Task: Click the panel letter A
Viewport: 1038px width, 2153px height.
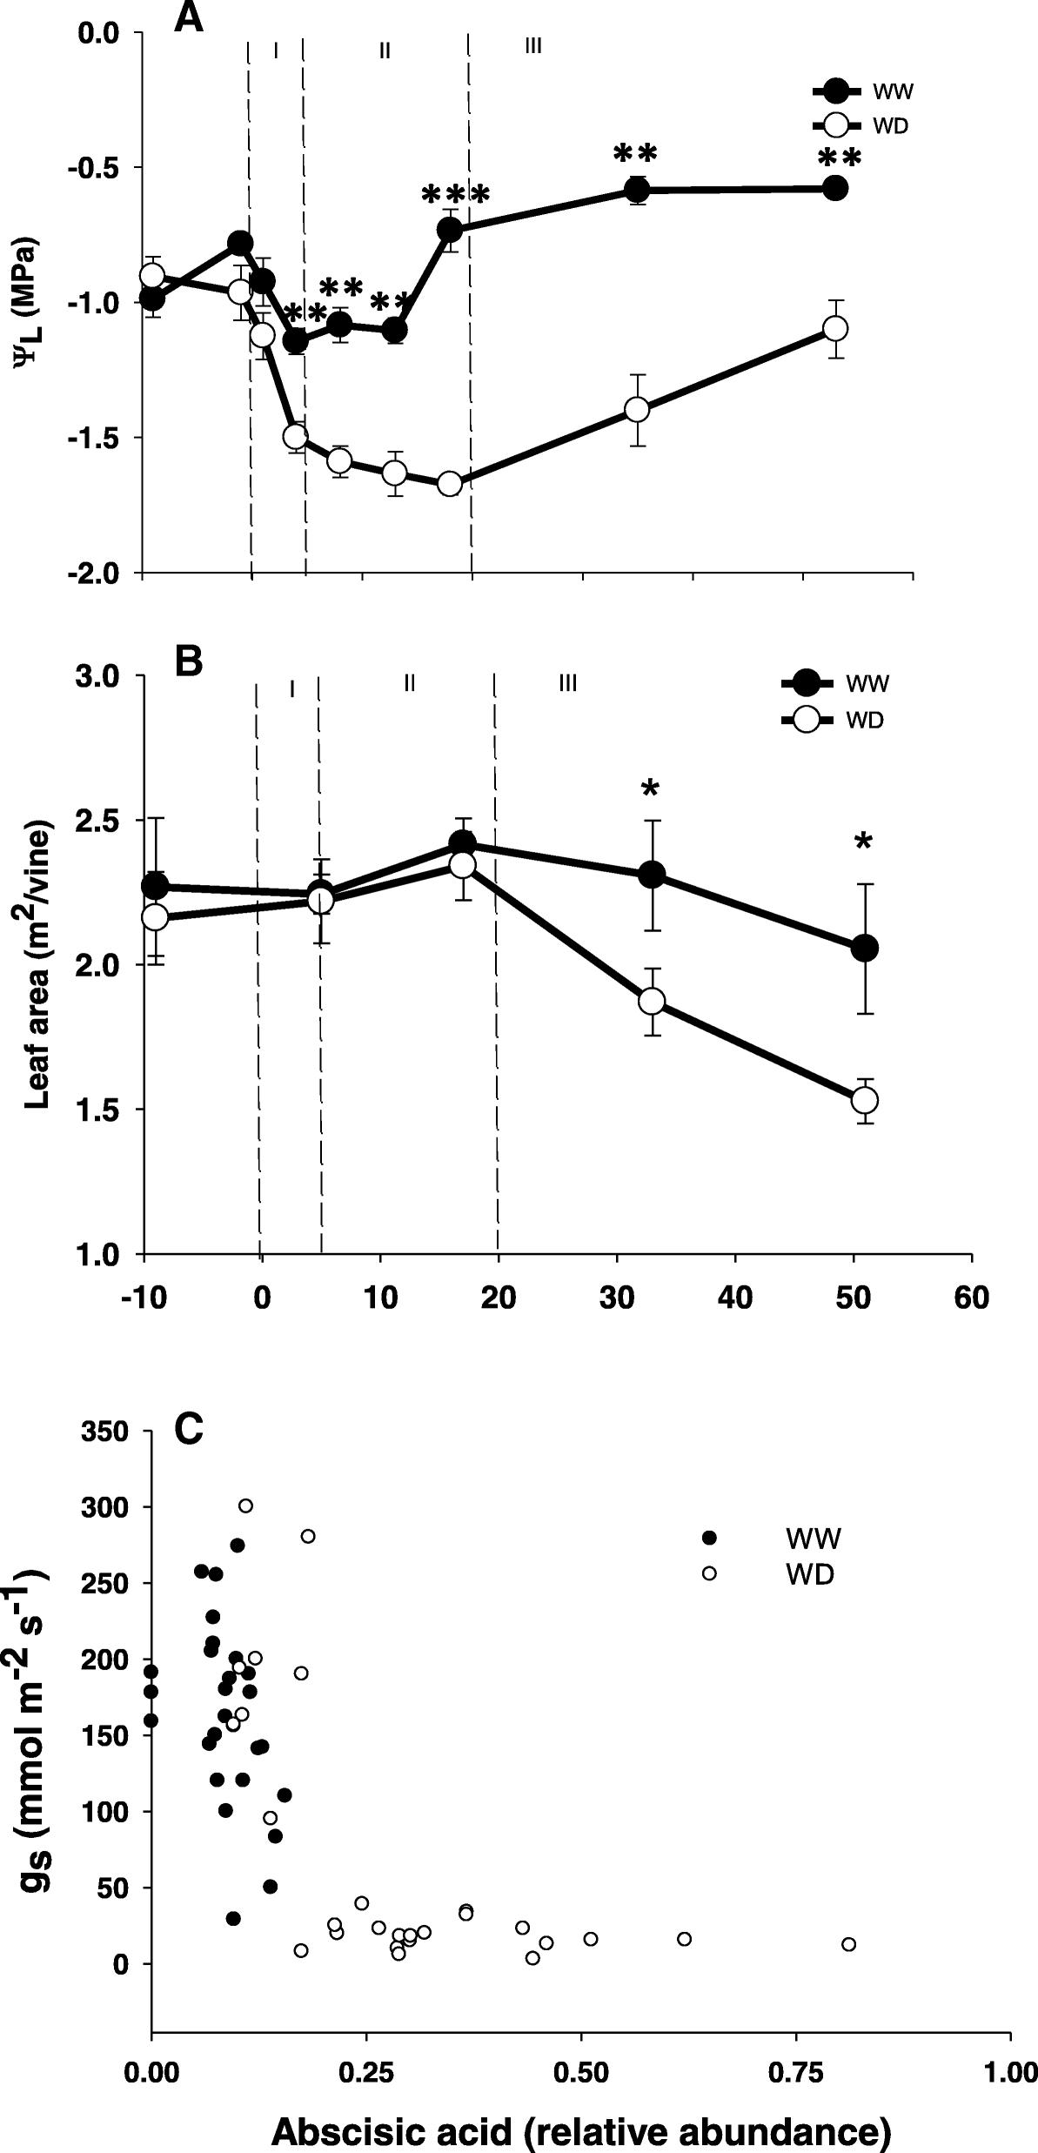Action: point(189,17)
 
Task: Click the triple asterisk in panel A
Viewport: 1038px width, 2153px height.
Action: point(455,195)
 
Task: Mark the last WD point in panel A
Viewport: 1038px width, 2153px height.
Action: point(835,329)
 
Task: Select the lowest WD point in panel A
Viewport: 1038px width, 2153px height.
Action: point(449,484)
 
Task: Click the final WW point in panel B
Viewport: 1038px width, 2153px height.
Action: point(864,949)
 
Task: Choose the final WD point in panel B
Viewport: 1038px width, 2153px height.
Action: point(864,1100)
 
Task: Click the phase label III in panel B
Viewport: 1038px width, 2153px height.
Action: point(567,685)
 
